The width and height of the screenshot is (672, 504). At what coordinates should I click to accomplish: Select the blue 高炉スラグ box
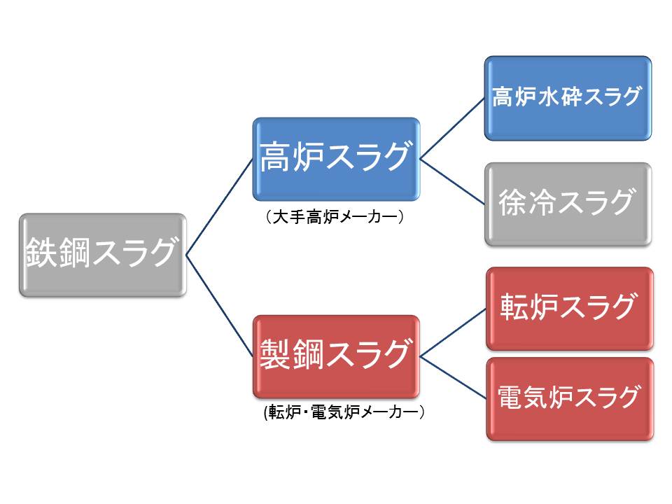pos(336,159)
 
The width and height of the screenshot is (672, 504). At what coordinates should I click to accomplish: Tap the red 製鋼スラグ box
pos(336,356)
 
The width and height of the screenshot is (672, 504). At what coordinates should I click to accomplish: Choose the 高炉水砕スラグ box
pos(568,97)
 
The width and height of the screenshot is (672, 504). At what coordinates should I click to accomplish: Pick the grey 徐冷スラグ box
pos(568,204)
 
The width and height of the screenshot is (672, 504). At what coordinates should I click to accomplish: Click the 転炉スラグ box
pos(569,308)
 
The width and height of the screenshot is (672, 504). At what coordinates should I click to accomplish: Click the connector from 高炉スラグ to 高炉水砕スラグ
pos(452,127)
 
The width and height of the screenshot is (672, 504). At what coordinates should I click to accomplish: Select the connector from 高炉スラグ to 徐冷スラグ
pos(452,182)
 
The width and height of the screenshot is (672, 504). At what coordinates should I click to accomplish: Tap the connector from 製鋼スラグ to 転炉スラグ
pos(453,332)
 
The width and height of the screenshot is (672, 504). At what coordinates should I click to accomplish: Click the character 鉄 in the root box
pos(40,253)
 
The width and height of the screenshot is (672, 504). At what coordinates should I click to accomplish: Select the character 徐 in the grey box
pos(512,203)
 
